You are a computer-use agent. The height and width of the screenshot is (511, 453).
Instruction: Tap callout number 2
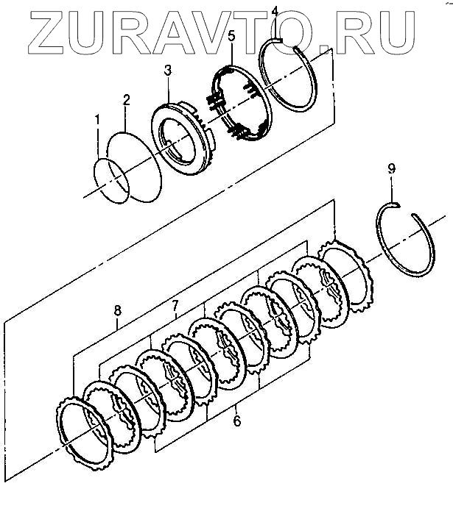coord(127,99)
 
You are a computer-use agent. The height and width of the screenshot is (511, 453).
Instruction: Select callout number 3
coord(168,71)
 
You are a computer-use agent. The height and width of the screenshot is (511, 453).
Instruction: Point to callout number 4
coord(275,11)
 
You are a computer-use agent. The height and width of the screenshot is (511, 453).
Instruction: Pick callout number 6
coord(236,421)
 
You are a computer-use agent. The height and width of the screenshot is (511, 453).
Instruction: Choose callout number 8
coord(117,311)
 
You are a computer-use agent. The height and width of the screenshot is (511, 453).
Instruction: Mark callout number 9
coord(391,170)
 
